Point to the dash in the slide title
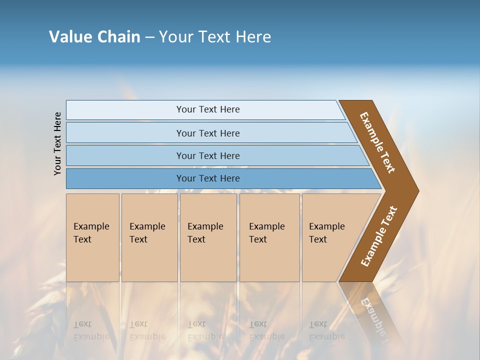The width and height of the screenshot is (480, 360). [149, 37]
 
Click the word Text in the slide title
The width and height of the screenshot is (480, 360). [215, 36]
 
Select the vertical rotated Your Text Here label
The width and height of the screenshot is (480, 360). [57, 143]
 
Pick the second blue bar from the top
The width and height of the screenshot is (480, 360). [207, 133]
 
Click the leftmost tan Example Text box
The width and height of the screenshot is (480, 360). [92, 237]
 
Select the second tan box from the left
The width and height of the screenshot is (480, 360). [149, 237]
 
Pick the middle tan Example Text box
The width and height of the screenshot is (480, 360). [208, 237]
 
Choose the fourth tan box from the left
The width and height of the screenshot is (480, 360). [269, 237]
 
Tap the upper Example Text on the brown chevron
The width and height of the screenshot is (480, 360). [377, 142]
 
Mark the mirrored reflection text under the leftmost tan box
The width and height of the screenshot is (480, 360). [91, 330]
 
